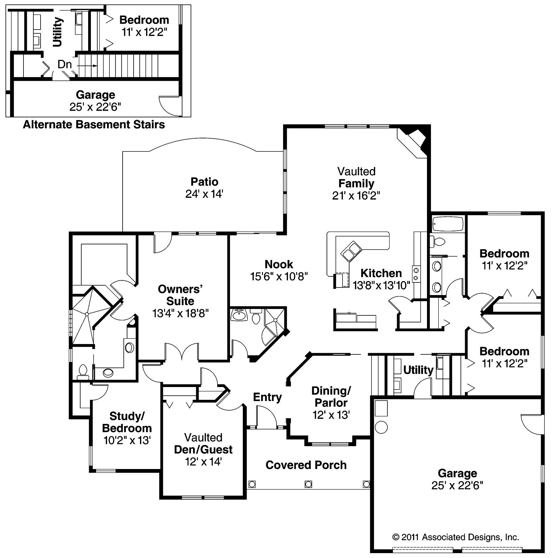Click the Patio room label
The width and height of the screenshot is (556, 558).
tap(204, 182)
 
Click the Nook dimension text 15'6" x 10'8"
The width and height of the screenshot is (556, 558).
tap(279, 276)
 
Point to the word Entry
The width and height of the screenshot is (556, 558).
tap(267, 397)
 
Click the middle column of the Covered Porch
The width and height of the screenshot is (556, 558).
tap(308, 484)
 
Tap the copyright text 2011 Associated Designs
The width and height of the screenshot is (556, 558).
tap(456, 537)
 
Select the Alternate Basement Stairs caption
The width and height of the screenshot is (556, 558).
tap(94, 125)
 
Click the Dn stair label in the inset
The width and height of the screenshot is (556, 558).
tap(65, 64)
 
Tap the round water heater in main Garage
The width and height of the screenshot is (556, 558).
tap(381, 427)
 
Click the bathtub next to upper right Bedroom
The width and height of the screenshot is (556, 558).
tap(448, 224)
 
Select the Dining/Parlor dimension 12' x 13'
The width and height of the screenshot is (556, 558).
tap(331, 415)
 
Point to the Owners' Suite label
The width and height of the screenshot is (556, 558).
tap(180, 295)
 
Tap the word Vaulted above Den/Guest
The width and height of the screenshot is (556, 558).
tap(203, 437)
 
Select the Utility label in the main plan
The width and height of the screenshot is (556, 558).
tap(418, 370)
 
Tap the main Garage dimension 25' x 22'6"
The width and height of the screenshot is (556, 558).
tap(457, 485)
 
